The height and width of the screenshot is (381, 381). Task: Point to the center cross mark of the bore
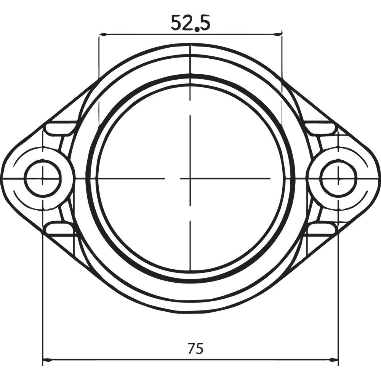coord(190,178)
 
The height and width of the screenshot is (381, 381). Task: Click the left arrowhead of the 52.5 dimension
coord(101,35)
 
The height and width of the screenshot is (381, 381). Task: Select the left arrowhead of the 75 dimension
coord(45,359)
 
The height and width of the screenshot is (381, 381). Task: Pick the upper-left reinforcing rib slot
coord(59,128)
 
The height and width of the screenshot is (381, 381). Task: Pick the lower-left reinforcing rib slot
coord(59,229)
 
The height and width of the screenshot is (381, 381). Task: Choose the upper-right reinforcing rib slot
coord(321,128)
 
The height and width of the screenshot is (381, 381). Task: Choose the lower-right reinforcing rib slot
coord(321,229)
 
